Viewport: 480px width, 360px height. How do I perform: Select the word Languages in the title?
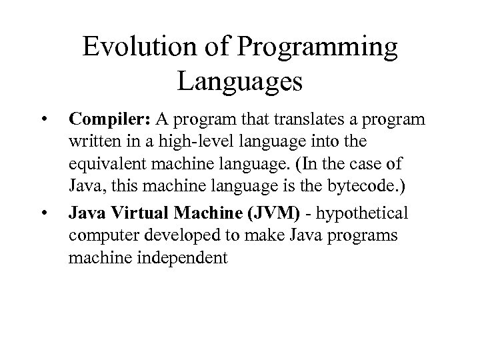tap(241, 83)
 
